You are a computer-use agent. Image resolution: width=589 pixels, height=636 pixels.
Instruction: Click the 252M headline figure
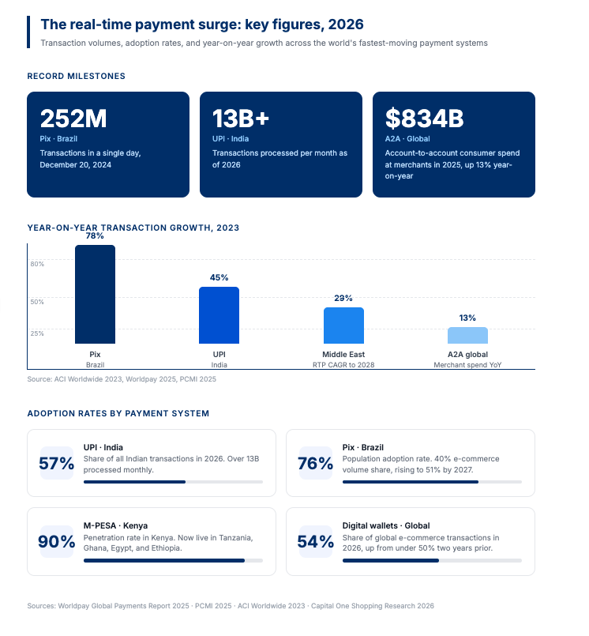coord(73,119)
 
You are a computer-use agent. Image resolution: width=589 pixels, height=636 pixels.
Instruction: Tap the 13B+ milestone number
coord(241,119)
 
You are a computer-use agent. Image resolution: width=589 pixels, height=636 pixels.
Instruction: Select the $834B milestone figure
coord(424,119)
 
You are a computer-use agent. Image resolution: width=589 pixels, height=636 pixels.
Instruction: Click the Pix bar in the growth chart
coord(95,294)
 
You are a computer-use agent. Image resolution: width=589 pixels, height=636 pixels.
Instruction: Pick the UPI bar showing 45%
coord(219,314)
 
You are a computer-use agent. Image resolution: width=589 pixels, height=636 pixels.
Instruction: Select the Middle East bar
coord(343,325)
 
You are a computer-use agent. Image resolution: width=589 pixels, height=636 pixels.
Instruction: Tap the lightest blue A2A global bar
coord(467,335)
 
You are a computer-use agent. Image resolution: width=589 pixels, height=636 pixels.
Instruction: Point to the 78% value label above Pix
coord(95,236)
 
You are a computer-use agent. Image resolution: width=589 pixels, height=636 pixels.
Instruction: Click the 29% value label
coord(343,298)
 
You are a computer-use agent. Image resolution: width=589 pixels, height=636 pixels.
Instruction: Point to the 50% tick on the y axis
coord(37,301)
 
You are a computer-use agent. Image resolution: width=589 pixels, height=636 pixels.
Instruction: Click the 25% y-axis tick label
coord(37,333)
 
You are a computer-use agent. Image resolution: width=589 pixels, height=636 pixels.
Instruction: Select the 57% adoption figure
coord(56,464)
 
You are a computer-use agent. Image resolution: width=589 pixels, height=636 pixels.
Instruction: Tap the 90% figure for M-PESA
coord(56,542)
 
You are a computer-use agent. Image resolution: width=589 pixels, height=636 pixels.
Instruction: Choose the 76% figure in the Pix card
coord(315,464)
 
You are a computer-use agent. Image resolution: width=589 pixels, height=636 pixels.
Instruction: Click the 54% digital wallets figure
coord(315,542)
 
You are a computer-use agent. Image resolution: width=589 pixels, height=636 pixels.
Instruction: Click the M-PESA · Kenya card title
coord(115,525)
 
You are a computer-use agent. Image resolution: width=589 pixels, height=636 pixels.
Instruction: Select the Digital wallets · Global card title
coord(385,525)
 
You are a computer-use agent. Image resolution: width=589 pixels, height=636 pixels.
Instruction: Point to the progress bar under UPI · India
coord(173,481)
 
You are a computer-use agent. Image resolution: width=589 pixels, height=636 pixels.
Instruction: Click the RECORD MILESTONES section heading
coord(76,76)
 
